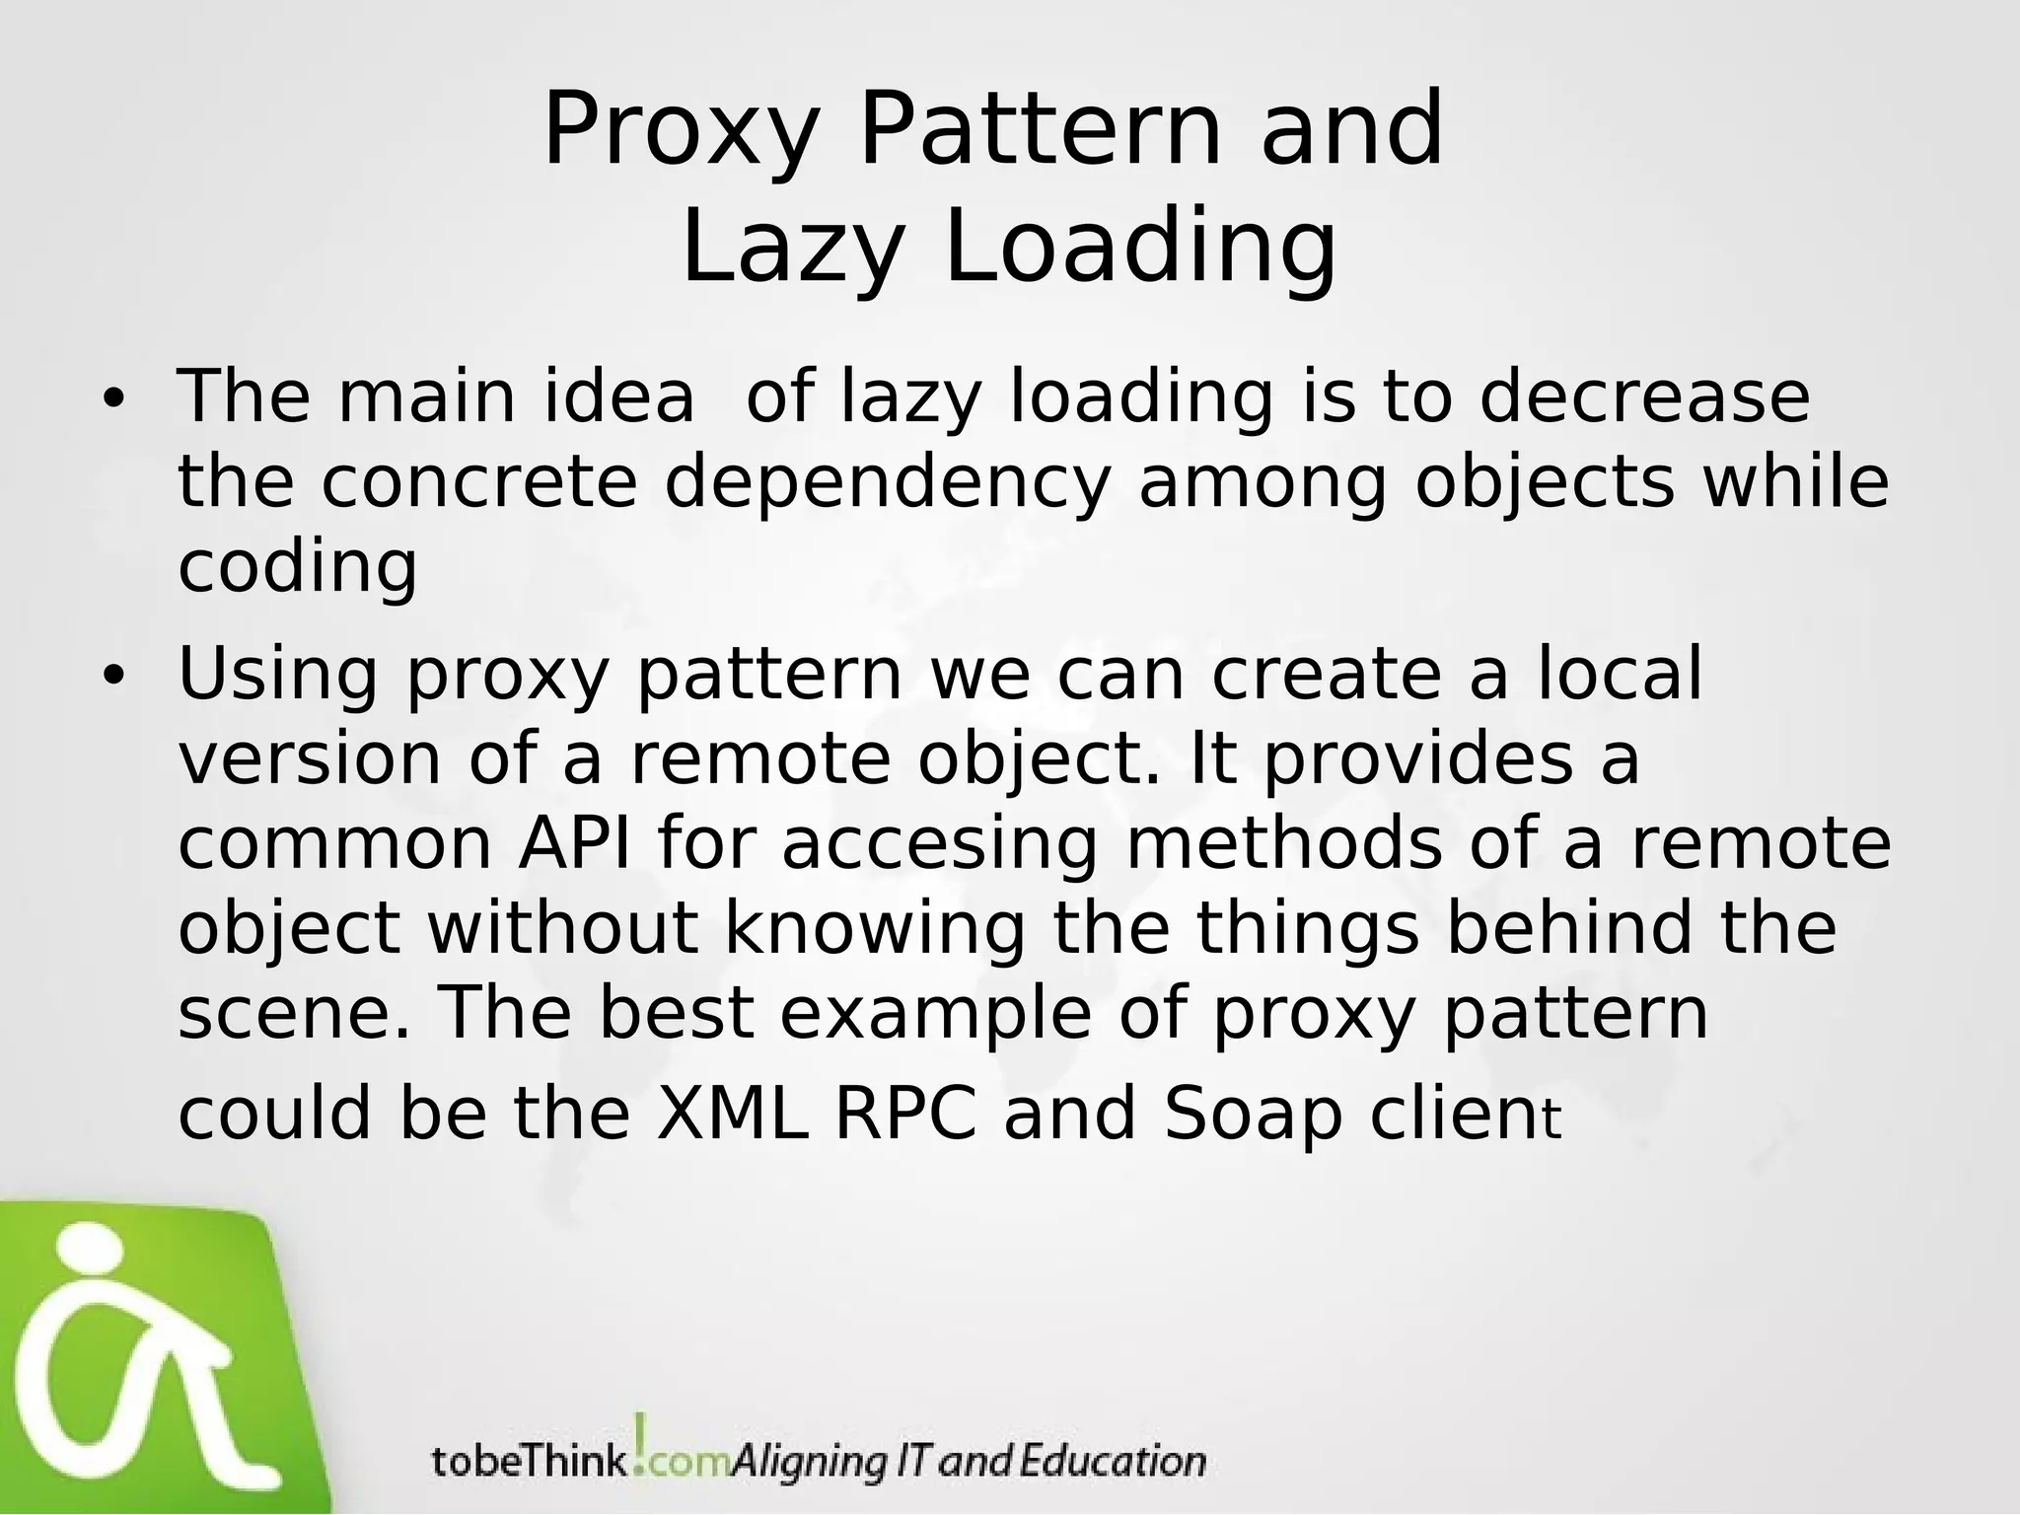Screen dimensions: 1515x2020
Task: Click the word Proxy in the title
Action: pos(682,132)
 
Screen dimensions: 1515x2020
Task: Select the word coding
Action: pos(298,569)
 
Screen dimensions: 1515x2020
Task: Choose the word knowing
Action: pos(875,930)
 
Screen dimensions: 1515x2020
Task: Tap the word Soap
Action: pos(1253,1115)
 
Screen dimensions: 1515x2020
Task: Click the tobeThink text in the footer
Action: pos(529,1461)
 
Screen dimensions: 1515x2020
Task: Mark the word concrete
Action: pos(479,482)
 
